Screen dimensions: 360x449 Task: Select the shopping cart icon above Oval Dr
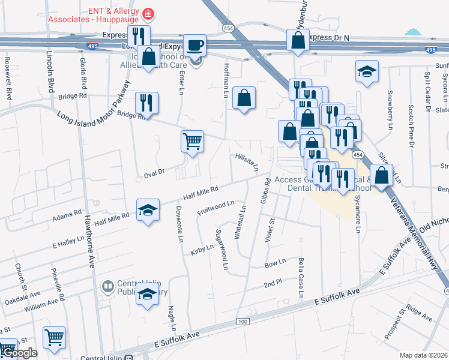coord(192,142)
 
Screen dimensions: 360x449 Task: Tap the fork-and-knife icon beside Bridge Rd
coord(146,103)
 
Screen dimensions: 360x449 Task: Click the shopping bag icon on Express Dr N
coord(298,41)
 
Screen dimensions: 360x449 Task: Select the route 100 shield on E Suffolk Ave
coord(243,322)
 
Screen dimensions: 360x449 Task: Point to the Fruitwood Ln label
coord(215,208)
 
